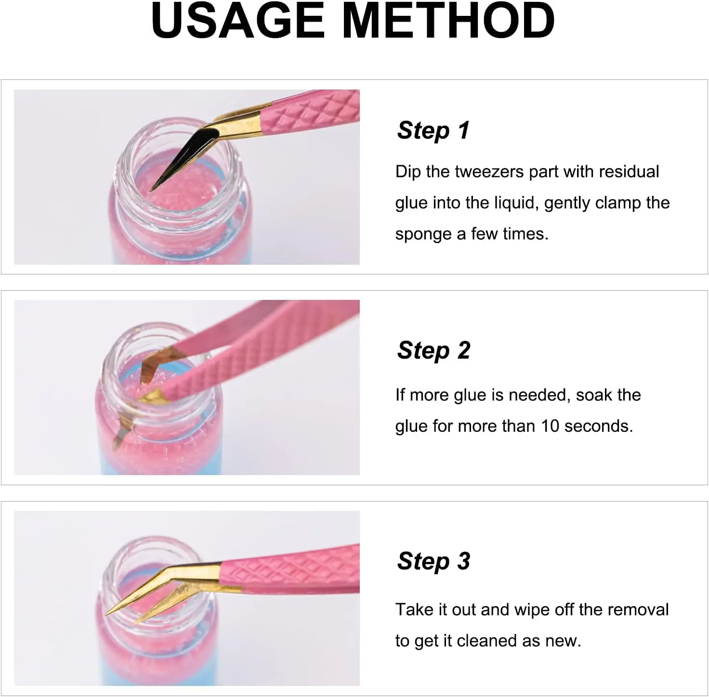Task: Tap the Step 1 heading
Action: tap(433, 130)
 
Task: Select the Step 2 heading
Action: tap(433, 350)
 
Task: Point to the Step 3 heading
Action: tap(433, 561)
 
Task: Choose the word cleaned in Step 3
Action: tap(486, 641)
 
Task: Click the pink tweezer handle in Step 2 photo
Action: tap(270, 351)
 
